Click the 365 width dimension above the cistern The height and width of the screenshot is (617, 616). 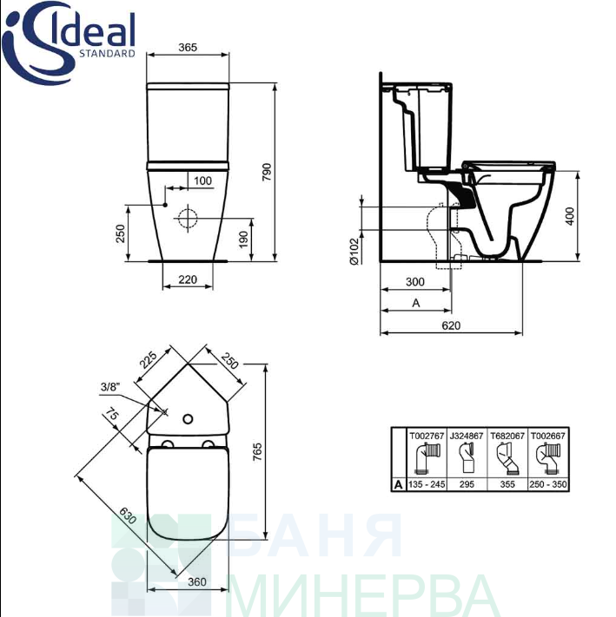(x=188, y=47)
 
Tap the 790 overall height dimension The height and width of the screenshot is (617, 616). (x=267, y=172)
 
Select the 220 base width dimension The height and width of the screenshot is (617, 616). (x=188, y=279)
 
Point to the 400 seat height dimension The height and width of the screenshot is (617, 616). (x=570, y=216)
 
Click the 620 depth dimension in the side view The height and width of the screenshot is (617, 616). (x=451, y=325)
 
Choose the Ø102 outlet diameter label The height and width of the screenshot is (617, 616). (x=354, y=251)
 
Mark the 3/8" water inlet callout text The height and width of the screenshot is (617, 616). (x=109, y=387)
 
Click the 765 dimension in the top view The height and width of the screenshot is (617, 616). (x=257, y=452)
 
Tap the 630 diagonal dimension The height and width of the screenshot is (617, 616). (x=128, y=515)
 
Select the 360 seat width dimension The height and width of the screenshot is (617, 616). (x=197, y=581)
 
